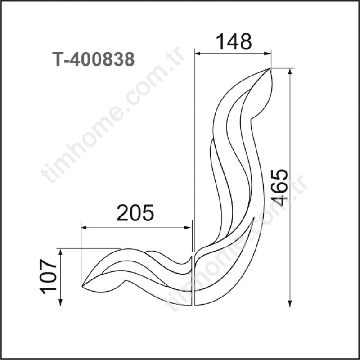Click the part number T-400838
(94, 59)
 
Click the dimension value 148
(234, 41)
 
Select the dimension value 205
(135, 212)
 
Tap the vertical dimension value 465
(279, 187)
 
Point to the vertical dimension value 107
(48, 276)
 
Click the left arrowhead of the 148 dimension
(198, 54)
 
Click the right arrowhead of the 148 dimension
(267, 54)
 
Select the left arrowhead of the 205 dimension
(85, 228)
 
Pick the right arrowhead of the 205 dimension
(188, 228)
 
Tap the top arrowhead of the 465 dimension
(290, 72)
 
